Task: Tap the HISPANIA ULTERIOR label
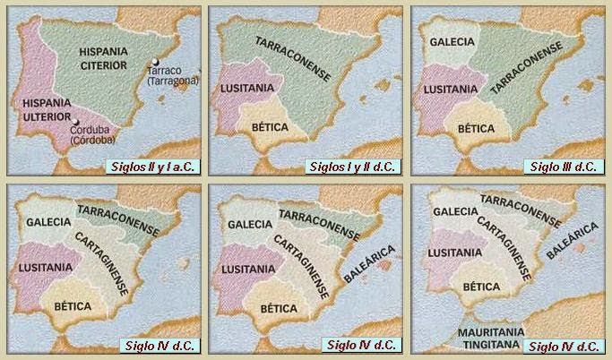(x=42, y=113)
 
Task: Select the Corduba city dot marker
(x=78, y=123)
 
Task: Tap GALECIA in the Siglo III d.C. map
(x=452, y=41)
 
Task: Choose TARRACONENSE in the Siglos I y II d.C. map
(x=295, y=60)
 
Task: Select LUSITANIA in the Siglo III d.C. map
(x=453, y=90)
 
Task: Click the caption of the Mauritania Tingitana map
(x=564, y=347)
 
